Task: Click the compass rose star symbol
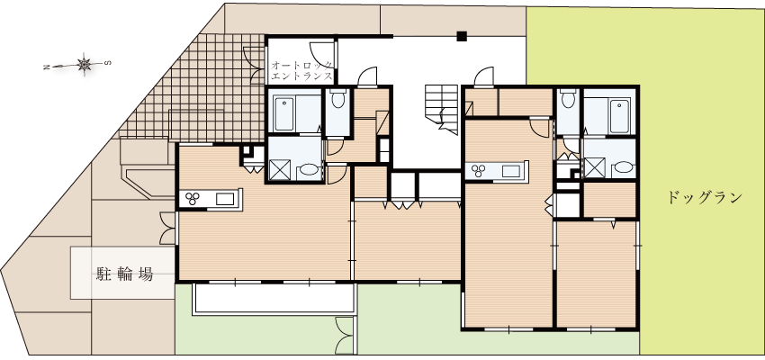[x=85, y=64]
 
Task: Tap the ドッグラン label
[x=704, y=198]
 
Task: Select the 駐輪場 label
[x=124, y=274]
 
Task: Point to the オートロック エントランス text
[x=302, y=70]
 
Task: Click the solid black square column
[x=462, y=36]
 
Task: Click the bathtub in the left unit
[x=283, y=114]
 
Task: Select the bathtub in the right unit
[x=619, y=116]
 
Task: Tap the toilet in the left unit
[x=337, y=98]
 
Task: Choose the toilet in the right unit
[x=567, y=98]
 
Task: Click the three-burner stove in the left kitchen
[x=192, y=199]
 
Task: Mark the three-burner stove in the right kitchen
[x=479, y=171]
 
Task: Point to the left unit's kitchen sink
[x=225, y=199]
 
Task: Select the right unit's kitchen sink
[x=511, y=171]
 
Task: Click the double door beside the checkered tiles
[x=255, y=65]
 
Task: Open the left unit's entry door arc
[x=367, y=76]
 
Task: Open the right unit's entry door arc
[x=484, y=76]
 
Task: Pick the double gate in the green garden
[x=345, y=336]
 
